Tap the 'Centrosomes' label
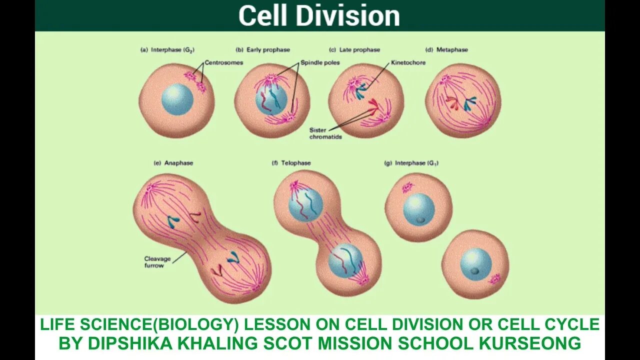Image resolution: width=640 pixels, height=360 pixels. (224, 63)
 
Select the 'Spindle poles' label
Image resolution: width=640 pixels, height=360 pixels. (320, 63)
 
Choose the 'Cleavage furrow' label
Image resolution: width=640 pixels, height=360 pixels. (157, 262)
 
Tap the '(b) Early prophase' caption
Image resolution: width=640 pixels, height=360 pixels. (262, 50)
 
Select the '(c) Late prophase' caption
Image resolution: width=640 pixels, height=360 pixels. (354, 50)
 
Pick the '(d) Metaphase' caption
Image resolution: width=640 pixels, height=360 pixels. (446, 50)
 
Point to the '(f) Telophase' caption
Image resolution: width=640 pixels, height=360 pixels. (291, 163)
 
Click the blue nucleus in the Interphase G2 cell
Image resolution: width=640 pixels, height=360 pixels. (177, 99)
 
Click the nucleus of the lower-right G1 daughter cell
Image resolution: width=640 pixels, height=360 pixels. (476, 264)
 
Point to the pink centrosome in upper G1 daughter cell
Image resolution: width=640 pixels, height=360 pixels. (408, 187)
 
